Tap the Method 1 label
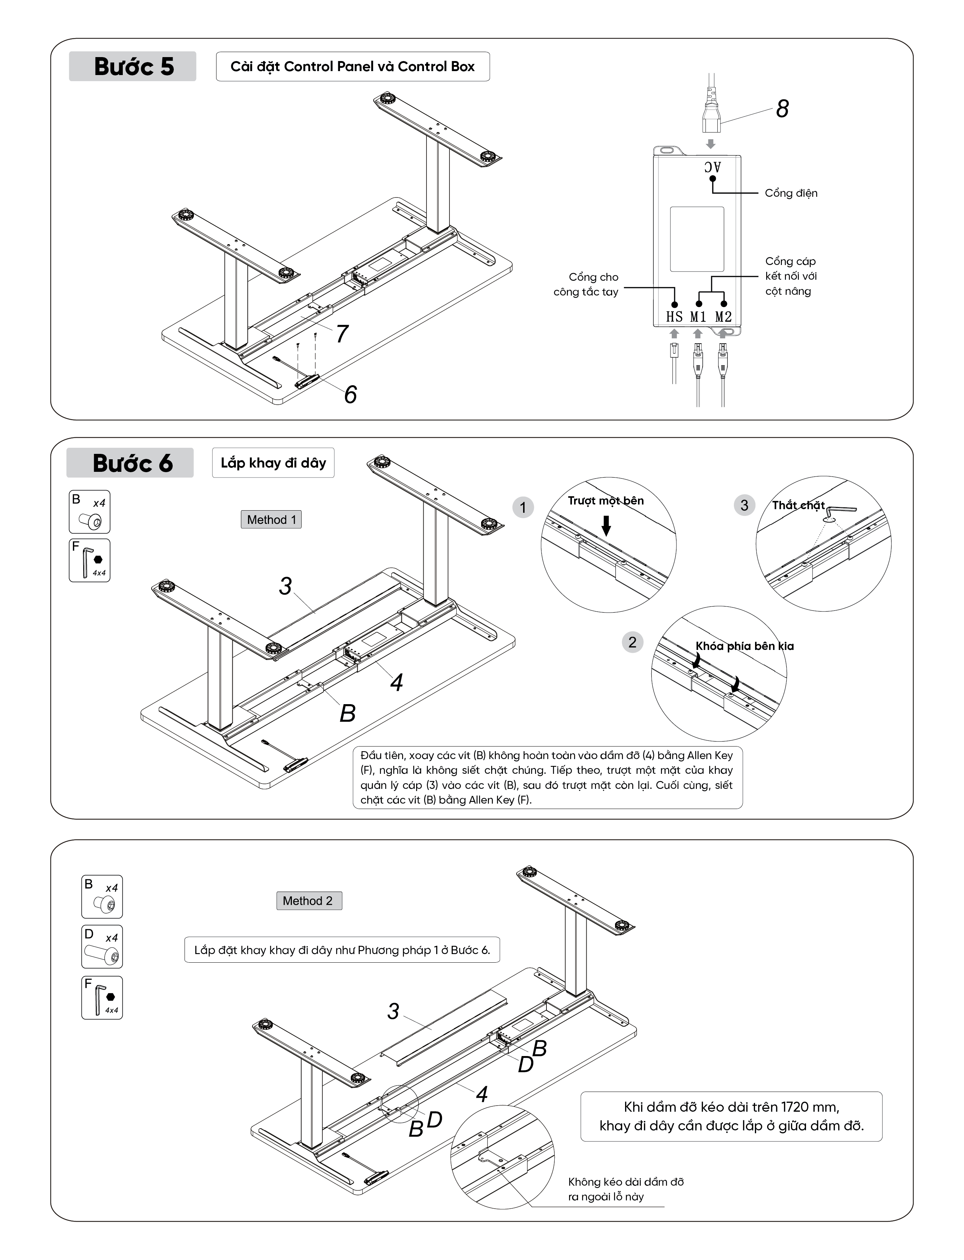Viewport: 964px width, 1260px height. pos(271,519)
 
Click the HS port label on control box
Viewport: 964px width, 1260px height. pos(674,316)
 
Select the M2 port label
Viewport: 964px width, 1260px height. pos(723,316)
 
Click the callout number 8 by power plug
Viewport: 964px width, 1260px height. pos(782,108)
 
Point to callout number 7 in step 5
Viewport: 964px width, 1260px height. pos(342,333)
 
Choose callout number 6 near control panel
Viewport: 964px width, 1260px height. pos(350,394)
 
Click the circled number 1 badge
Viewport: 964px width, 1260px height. pos(523,507)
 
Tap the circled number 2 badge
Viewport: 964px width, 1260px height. pos(632,642)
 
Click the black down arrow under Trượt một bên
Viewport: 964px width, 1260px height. pos(606,525)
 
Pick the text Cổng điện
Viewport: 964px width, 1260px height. pos(791,193)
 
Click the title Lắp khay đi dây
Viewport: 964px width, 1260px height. pos(273,463)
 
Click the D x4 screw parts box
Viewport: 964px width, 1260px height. pos(102,946)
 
